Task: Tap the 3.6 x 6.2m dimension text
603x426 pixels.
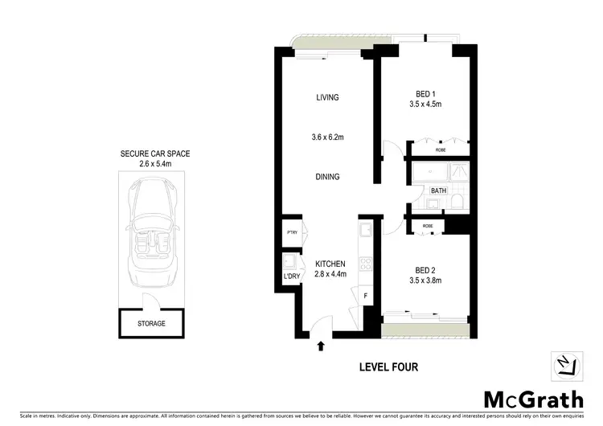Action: (x=327, y=137)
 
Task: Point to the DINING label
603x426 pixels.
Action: (x=327, y=177)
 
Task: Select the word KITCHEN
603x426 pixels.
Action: (x=330, y=264)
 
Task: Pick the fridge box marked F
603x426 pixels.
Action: (x=366, y=296)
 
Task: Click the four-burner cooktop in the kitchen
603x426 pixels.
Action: (x=363, y=263)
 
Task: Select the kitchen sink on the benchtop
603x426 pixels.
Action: (x=364, y=231)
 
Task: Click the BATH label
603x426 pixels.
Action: (x=438, y=190)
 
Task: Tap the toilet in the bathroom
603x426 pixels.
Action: (x=455, y=201)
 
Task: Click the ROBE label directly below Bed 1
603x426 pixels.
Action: (x=441, y=150)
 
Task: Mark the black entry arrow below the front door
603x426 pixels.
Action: (x=321, y=347)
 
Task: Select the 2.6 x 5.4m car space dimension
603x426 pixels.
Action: (x=155, y=164)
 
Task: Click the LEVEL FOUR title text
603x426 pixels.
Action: (x=389, y=367)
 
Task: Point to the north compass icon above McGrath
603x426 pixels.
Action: (x=567, y=366)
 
